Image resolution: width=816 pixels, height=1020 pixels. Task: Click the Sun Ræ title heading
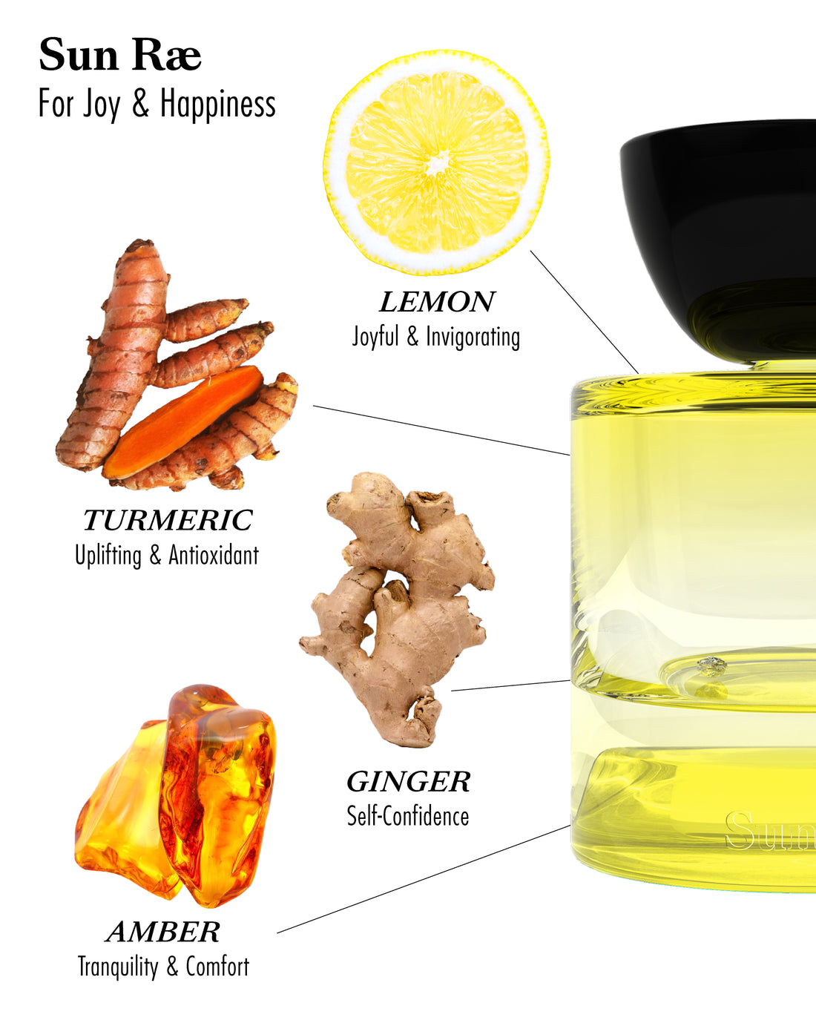(120, 55)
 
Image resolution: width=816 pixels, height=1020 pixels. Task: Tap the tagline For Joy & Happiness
(157, 104)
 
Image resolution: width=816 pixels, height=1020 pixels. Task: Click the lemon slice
(437, 162)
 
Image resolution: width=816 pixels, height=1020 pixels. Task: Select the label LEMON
(437, 302)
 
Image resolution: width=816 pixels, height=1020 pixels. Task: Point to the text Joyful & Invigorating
(435, 337)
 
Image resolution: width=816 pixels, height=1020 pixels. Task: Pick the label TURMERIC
(168, 520)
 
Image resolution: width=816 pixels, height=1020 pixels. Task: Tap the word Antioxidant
(214, 555)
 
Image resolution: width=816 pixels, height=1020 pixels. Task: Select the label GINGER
(408, 782)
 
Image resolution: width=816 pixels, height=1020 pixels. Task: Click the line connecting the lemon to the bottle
(584, 312)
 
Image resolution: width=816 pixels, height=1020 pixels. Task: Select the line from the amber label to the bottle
(424, 879)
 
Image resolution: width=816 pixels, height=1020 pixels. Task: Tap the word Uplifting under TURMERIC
(108, 555)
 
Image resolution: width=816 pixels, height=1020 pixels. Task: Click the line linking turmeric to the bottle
(441, 430)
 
